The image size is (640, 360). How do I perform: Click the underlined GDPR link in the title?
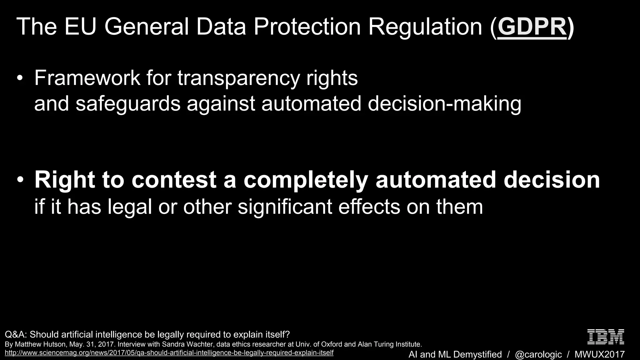click(532, 27)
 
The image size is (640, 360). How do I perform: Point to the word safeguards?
click(128, 104)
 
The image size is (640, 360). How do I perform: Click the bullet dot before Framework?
click(20, 78)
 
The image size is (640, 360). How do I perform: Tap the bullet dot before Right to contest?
click(20, 180)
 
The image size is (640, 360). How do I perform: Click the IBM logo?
click(606, 337)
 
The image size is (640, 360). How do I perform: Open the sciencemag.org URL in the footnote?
click(169, 353)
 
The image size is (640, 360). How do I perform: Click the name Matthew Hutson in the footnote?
click(39, 344)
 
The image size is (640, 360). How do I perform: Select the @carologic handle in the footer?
click(538, 354)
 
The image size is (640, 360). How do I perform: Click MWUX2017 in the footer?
click(600, 354)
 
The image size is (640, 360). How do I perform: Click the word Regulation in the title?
click(425, 27)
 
